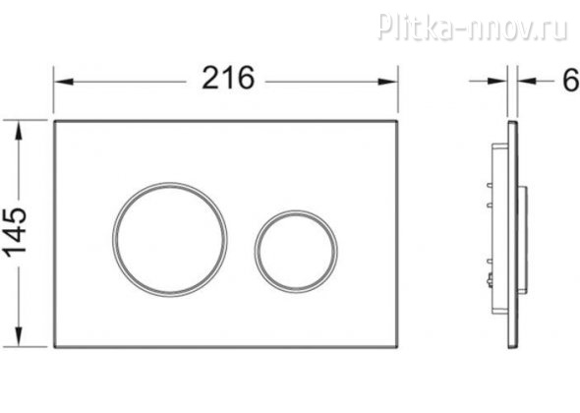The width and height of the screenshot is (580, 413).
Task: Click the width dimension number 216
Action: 228,78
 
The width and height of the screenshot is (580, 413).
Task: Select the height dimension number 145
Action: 15,231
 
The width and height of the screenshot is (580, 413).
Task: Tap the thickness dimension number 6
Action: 571,80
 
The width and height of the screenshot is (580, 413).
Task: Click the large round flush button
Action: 170,240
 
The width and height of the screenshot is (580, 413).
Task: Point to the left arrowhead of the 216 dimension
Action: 64,82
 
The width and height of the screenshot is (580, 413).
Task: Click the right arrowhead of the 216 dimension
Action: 388,82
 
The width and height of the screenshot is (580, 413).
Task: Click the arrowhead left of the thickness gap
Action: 497,81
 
